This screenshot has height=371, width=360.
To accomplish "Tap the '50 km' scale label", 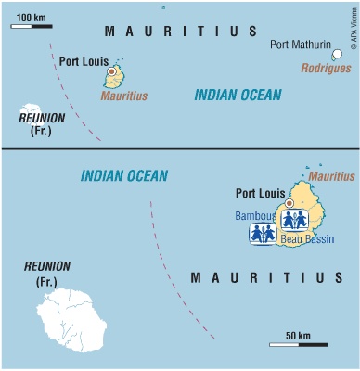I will point(297,334).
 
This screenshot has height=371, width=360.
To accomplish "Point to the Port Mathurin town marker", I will point(337,55).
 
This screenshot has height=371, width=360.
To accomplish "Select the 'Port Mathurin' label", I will point(299,45).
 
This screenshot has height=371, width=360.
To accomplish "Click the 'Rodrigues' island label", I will point(326,68).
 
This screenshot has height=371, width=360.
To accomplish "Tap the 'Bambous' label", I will point(254,216).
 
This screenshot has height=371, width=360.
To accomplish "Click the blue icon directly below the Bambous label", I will point(263,235).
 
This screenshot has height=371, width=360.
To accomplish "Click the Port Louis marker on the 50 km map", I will point(289,203).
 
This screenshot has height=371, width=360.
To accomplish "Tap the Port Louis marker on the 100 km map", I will point(112,71).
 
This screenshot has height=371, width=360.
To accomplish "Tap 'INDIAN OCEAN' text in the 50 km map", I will point(123,174).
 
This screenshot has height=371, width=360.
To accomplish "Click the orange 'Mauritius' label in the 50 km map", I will point(331,174).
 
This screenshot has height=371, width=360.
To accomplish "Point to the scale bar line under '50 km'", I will point(298,344).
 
